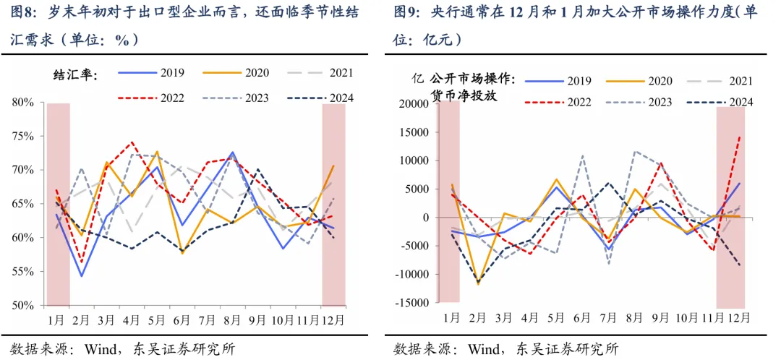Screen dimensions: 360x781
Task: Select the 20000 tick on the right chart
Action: tap(414, 104)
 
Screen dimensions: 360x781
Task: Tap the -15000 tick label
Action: tap(412, 303)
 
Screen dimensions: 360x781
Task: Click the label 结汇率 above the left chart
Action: tap(76, 74)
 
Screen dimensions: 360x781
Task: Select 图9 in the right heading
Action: tap(408, 12)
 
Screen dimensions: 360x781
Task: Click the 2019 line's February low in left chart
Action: tap(82, 275)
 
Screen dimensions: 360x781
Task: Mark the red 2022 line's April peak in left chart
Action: tap(132, 142)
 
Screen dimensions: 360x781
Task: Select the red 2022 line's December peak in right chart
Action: tap(739, 136)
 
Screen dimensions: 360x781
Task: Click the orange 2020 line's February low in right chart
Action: tap(477, 284)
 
